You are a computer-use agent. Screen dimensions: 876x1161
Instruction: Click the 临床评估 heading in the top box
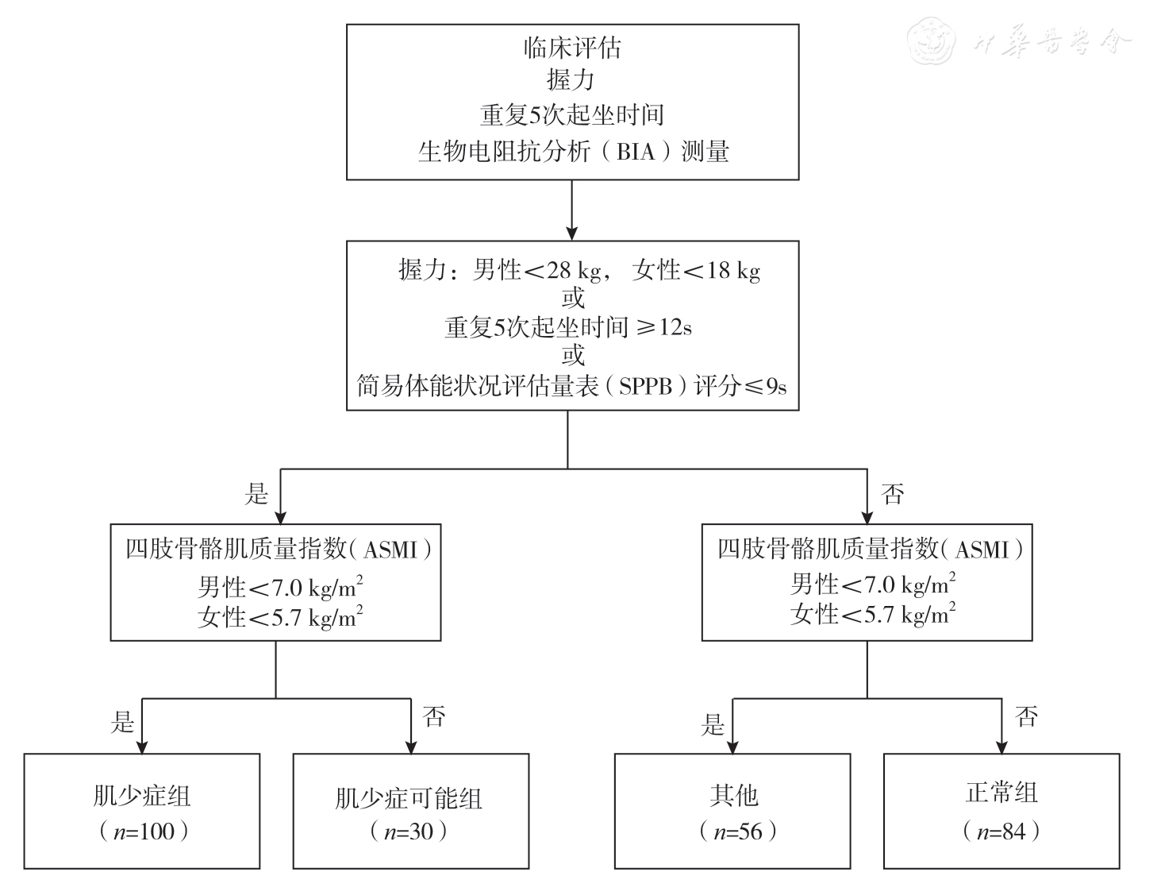tap(571, 48)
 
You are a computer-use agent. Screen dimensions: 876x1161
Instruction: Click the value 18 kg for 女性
tap(732, 270)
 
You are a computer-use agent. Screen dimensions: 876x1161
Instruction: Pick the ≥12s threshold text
tap(658, 327)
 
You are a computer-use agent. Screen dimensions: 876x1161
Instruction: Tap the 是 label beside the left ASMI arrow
tap(256, 494)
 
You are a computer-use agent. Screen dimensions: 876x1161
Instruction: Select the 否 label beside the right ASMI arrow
tap(893, 494)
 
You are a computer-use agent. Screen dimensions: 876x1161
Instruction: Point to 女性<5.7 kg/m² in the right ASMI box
tap(873, 614)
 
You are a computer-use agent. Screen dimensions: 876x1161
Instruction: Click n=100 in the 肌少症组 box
tap(143, 832)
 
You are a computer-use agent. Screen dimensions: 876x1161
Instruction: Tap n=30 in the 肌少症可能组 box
tap(409, 832)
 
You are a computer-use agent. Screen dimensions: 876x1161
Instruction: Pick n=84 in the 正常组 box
tap(1001, 832)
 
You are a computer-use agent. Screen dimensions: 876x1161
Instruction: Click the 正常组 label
tap(1001, 793)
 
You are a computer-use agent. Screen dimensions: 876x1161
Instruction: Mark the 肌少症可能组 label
tap(409, 797)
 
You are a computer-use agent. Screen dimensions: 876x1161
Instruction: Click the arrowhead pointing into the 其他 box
tap(732, 746)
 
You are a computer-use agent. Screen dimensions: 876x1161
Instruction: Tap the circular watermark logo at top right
tap(933, 42)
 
